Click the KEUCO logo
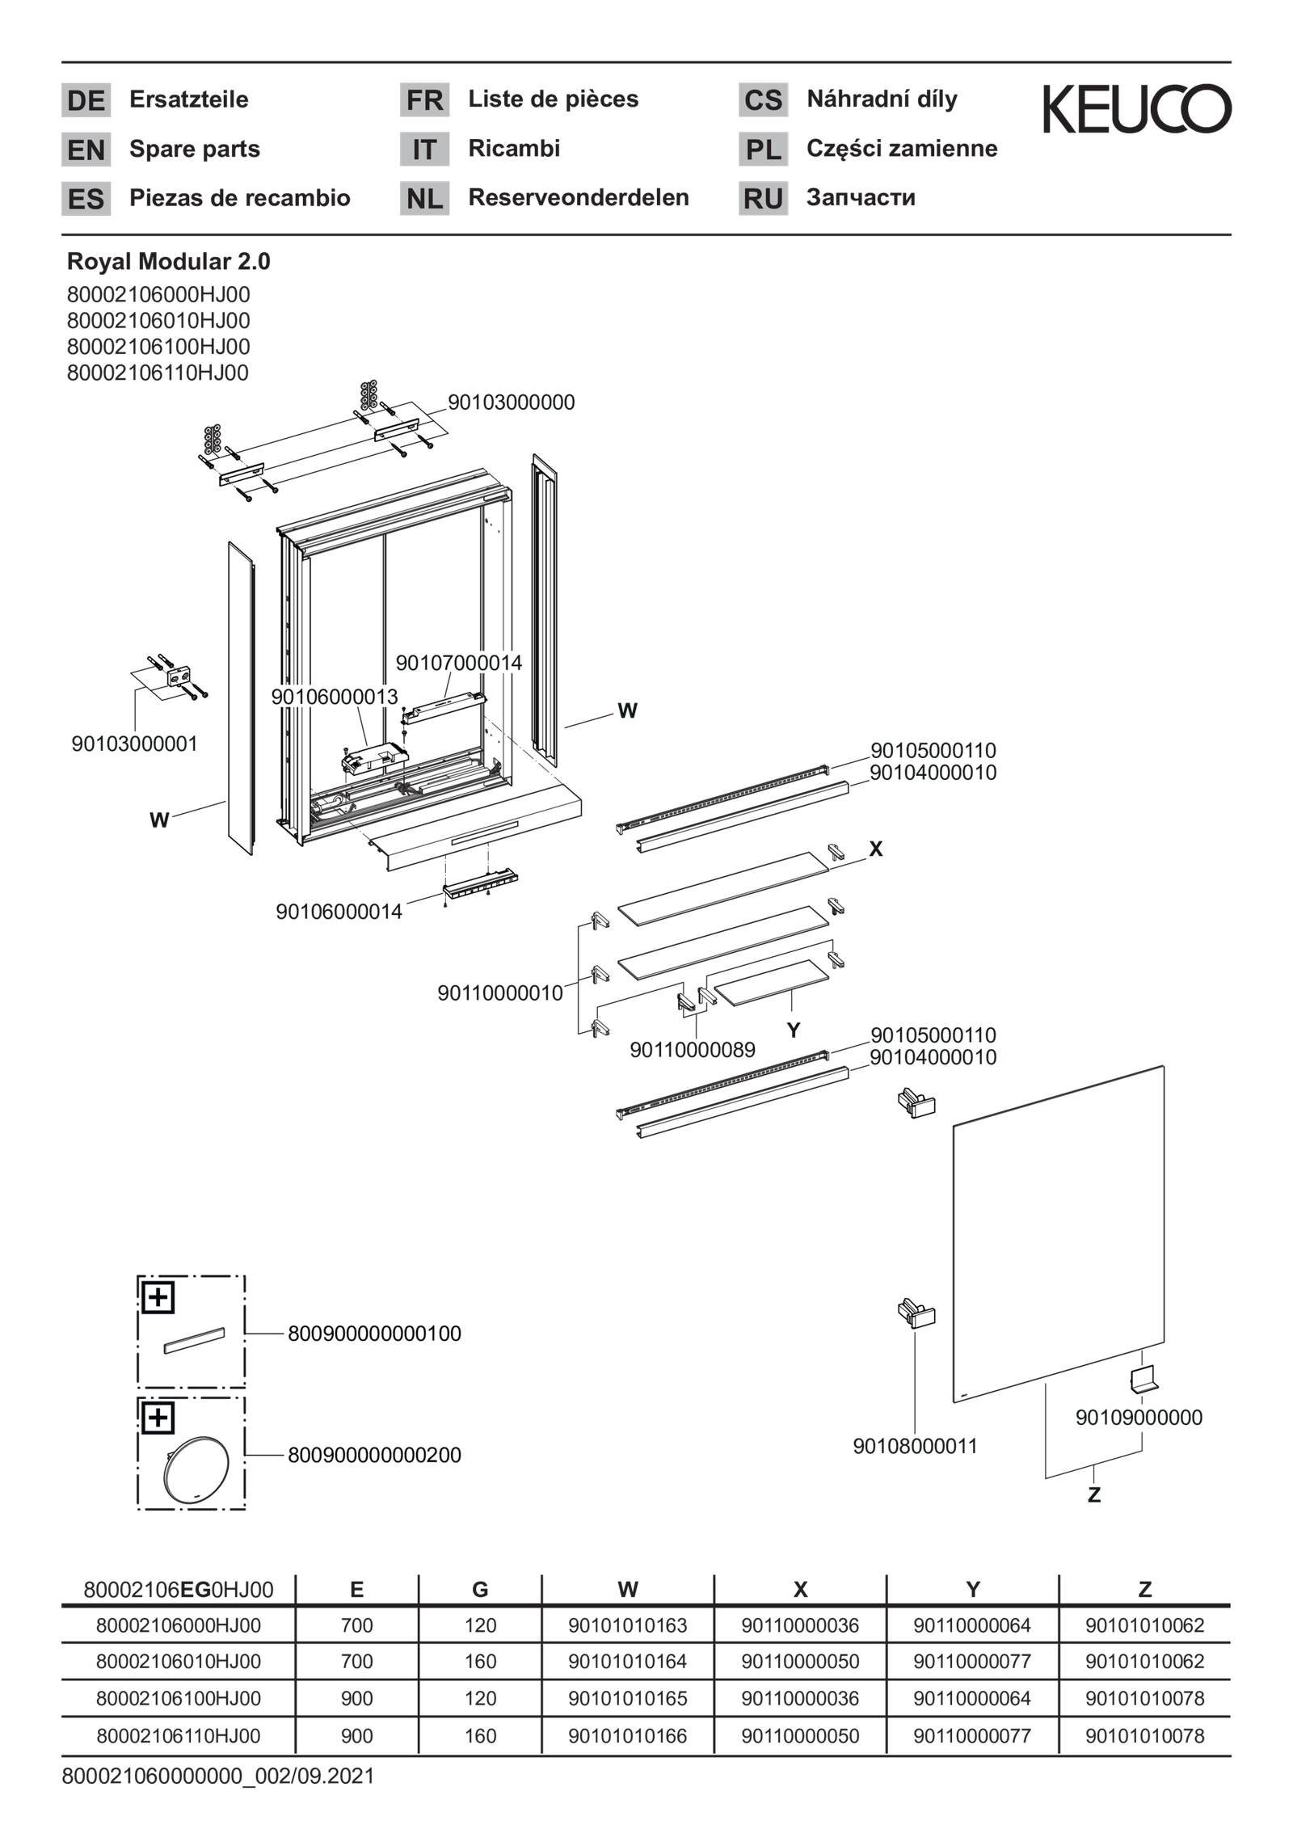click(x=1136, y=108)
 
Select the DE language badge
click(x=86, y=100)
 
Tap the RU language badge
click(x=762, y=199)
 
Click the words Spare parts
click(x=194, y=150)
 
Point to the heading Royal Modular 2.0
click(x=168, y=262)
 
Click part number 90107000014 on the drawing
click(x=459, y=664)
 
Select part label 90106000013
click(x=334, y=697)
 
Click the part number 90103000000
click(x=511, y=402)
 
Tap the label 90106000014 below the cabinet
click(x=339, y=912)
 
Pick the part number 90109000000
click(x=1138, y=1418)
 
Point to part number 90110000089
click(x=692, y=1050)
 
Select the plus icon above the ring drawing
click(x=158, y=1418)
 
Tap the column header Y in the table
click(x=972, y=1590)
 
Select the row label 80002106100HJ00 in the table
click(x=179, y=1698)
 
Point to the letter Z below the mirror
click(x=1093, y=1495)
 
